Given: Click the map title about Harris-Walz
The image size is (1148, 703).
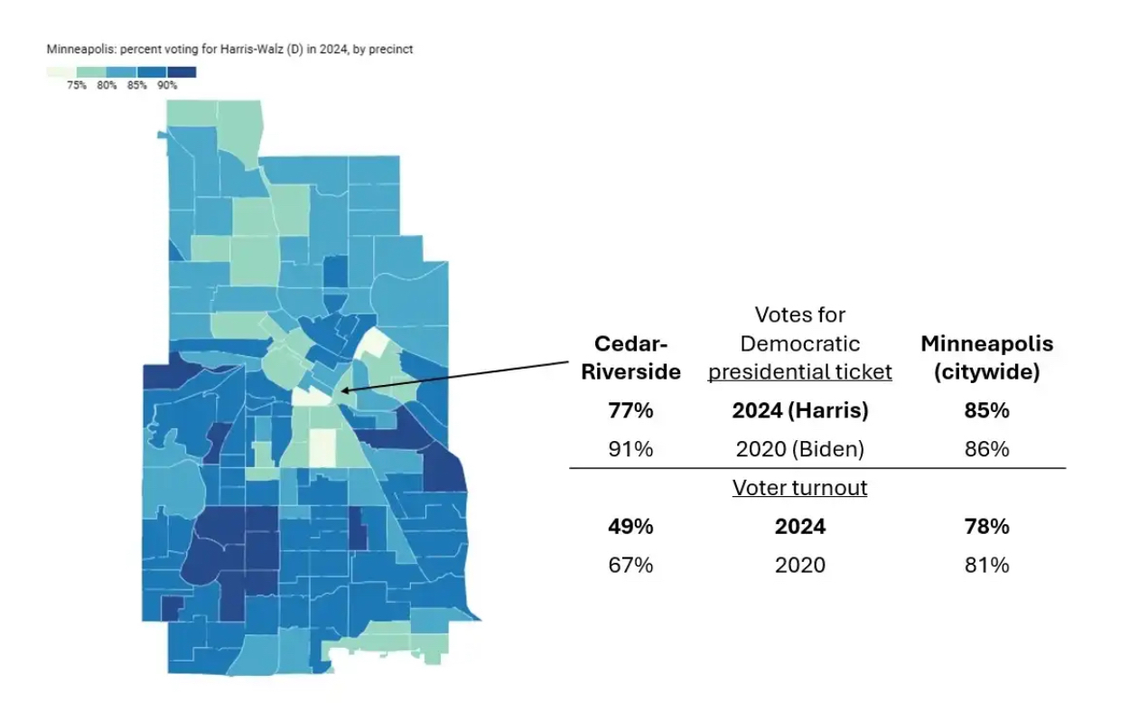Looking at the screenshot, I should (229, 50).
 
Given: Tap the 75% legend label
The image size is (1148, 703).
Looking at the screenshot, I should (76, 86).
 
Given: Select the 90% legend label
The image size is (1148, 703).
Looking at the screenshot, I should (167, 86).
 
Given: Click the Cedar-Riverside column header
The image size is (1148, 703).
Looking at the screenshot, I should (630, 358).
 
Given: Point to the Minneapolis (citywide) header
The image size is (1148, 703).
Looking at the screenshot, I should (986, 358).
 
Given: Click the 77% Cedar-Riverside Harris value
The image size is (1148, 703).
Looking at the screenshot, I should (630, 410).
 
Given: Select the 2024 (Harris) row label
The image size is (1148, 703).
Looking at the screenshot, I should (799, 410).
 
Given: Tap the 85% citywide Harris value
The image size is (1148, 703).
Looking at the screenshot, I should (986, 410).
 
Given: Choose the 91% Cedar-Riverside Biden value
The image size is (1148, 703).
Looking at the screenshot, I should (630, 448).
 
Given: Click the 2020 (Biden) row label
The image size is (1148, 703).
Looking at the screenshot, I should (799, 448).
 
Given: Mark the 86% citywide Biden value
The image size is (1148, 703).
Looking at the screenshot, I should (986, 448).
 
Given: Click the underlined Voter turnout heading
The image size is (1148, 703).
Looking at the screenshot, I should (799, 488).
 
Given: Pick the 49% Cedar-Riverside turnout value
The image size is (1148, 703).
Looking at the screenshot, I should (630, 526).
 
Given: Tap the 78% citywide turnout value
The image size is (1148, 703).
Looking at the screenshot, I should (986, 526).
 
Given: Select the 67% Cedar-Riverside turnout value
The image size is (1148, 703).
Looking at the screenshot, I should (630, 565).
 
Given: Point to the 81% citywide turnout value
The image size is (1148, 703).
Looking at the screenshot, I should (986, 565).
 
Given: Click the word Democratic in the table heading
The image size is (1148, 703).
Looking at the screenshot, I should (799, 343).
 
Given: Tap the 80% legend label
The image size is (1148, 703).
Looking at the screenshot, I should (107, 86).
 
